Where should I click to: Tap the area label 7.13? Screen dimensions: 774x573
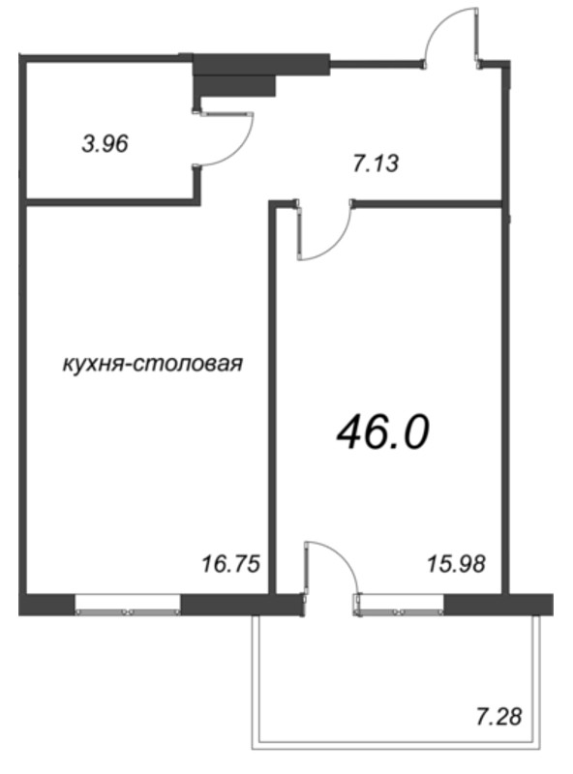coord(376,164)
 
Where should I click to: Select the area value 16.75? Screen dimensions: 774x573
coord(231,564)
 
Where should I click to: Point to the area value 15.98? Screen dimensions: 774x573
coord(454,564)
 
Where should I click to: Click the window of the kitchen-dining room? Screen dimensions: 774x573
coord(128,604)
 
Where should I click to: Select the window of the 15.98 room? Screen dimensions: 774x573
coord(400,604)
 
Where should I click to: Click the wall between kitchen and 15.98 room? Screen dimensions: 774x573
coord(273,406)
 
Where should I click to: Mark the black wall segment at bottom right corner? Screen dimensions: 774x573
coord(498,604)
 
